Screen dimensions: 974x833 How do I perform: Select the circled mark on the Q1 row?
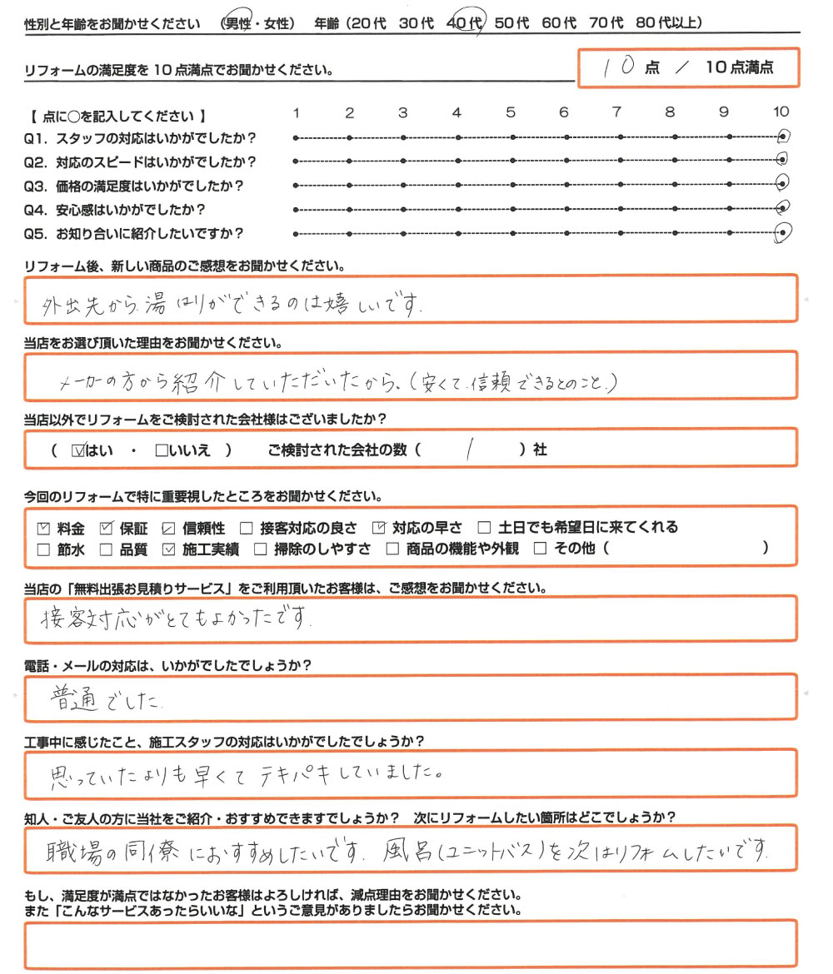pos(782,137)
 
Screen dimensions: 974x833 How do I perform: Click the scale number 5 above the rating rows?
pos(511,112)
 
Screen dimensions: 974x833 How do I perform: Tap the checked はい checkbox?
pos(79,450)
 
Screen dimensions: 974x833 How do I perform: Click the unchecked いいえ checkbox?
pos(162,450)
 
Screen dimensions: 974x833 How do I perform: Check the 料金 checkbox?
pos(45,527)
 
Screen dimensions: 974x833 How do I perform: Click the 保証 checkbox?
pos(106,527)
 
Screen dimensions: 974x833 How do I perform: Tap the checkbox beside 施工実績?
pos(168,549)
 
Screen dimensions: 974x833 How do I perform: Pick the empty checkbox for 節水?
pos(45,549)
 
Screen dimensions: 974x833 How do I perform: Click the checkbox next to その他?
pos(540,549)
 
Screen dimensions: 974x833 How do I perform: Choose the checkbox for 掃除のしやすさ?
pos(260,549)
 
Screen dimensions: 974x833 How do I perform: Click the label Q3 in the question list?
pos(35,186)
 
